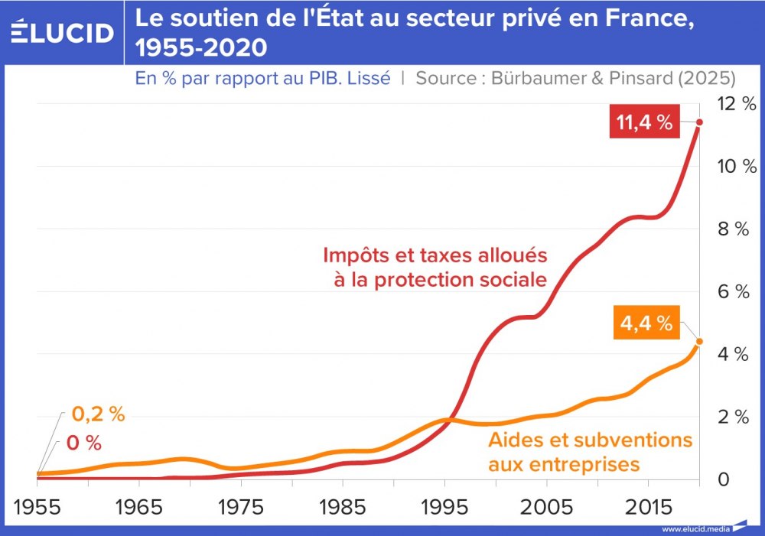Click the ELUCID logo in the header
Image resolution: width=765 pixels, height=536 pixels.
[x=63, y=32]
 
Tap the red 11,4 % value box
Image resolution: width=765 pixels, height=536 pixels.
[x=643, y=122]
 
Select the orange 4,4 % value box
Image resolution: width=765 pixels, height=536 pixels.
[x=646, y=323]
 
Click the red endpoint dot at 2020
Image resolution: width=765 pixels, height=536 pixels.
[x=699, y=122]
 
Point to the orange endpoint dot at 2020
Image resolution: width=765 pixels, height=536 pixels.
[x=699, y=342]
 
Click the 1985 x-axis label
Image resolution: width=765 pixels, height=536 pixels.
[x=342, y=508]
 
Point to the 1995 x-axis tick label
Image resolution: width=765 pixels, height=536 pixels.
[x=444, y=508]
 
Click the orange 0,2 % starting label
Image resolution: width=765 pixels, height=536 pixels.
[x=98, y=415]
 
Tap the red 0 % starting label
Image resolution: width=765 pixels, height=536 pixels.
[x=84, y=443]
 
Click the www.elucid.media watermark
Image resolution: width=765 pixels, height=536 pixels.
[x=695, y=529]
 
